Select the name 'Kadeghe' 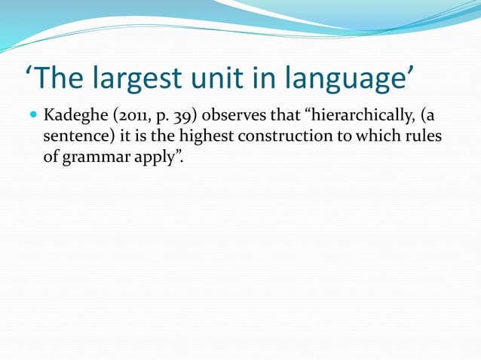pos(73,117)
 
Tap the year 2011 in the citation pos(128,117)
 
